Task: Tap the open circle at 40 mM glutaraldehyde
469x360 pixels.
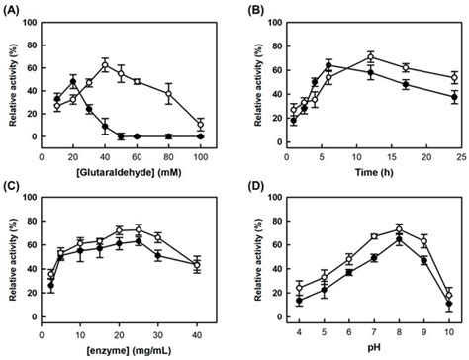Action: click(105, 66)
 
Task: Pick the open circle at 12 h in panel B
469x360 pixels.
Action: click(369, 56)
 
